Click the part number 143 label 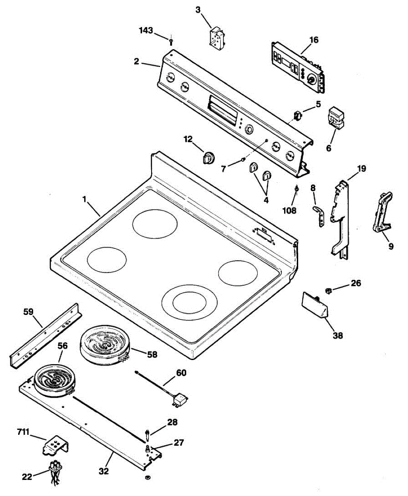(146, 31)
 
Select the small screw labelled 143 (171, 41)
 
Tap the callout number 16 (314, 40)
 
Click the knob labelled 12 (209, 158)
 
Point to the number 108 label (289, 210)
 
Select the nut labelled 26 (329, 291)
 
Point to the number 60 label (181, 373)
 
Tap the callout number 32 (104, 471)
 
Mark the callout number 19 (362, 168)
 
